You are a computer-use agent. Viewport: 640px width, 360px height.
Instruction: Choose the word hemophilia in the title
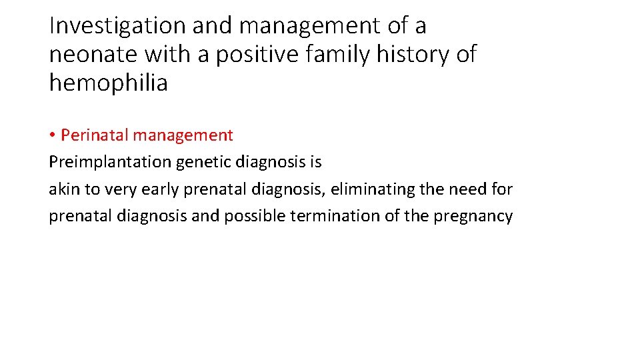[x=108, y=83]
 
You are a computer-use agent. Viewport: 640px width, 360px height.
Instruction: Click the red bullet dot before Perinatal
[x=52, y=136]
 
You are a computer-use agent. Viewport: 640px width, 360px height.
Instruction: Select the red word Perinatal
[x=94, y=135]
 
